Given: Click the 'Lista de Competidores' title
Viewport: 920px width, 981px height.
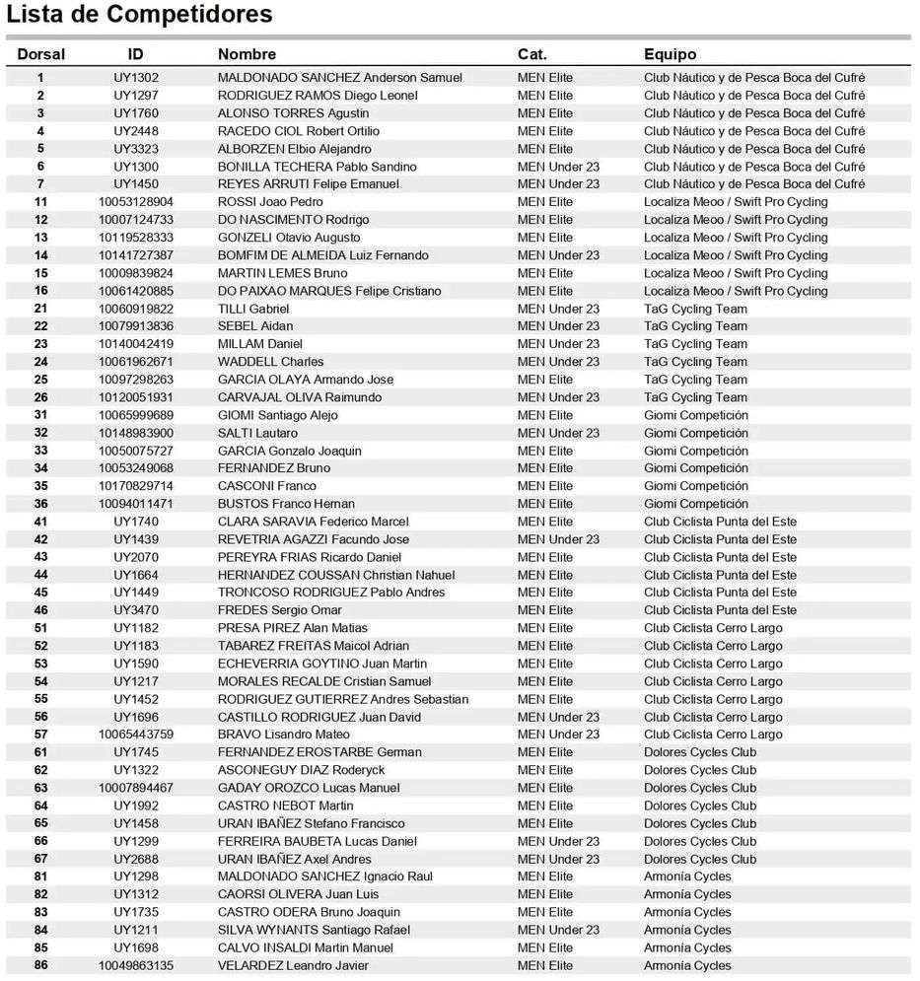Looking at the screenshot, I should click(140, 15).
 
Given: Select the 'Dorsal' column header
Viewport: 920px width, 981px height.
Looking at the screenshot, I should click(41, 54).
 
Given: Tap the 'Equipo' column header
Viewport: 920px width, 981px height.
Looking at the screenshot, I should click(670, 54).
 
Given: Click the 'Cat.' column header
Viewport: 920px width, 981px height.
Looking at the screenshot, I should click(531, 54).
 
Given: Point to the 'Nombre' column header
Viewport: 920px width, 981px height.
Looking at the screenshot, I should click(247, 54).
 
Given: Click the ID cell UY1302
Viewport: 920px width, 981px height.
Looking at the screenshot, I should click(136, 78).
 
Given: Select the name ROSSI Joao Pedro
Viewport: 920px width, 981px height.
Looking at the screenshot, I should click(270, 202).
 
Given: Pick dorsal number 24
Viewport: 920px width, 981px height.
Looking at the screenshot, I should click(40, 362).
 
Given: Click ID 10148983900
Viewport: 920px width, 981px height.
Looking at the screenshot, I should click(136, 433).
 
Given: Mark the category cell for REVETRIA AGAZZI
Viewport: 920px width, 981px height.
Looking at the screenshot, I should click(558, 539).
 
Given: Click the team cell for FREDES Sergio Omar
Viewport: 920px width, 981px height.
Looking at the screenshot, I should click(720, 610).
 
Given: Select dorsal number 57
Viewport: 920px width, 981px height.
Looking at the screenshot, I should click(40, 735).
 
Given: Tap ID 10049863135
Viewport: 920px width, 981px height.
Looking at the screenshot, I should click(136, 965).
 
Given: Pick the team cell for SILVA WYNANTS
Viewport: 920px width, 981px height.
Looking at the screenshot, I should click(687, 930).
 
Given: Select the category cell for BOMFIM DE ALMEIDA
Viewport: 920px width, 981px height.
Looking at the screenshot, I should click(558, 255).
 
